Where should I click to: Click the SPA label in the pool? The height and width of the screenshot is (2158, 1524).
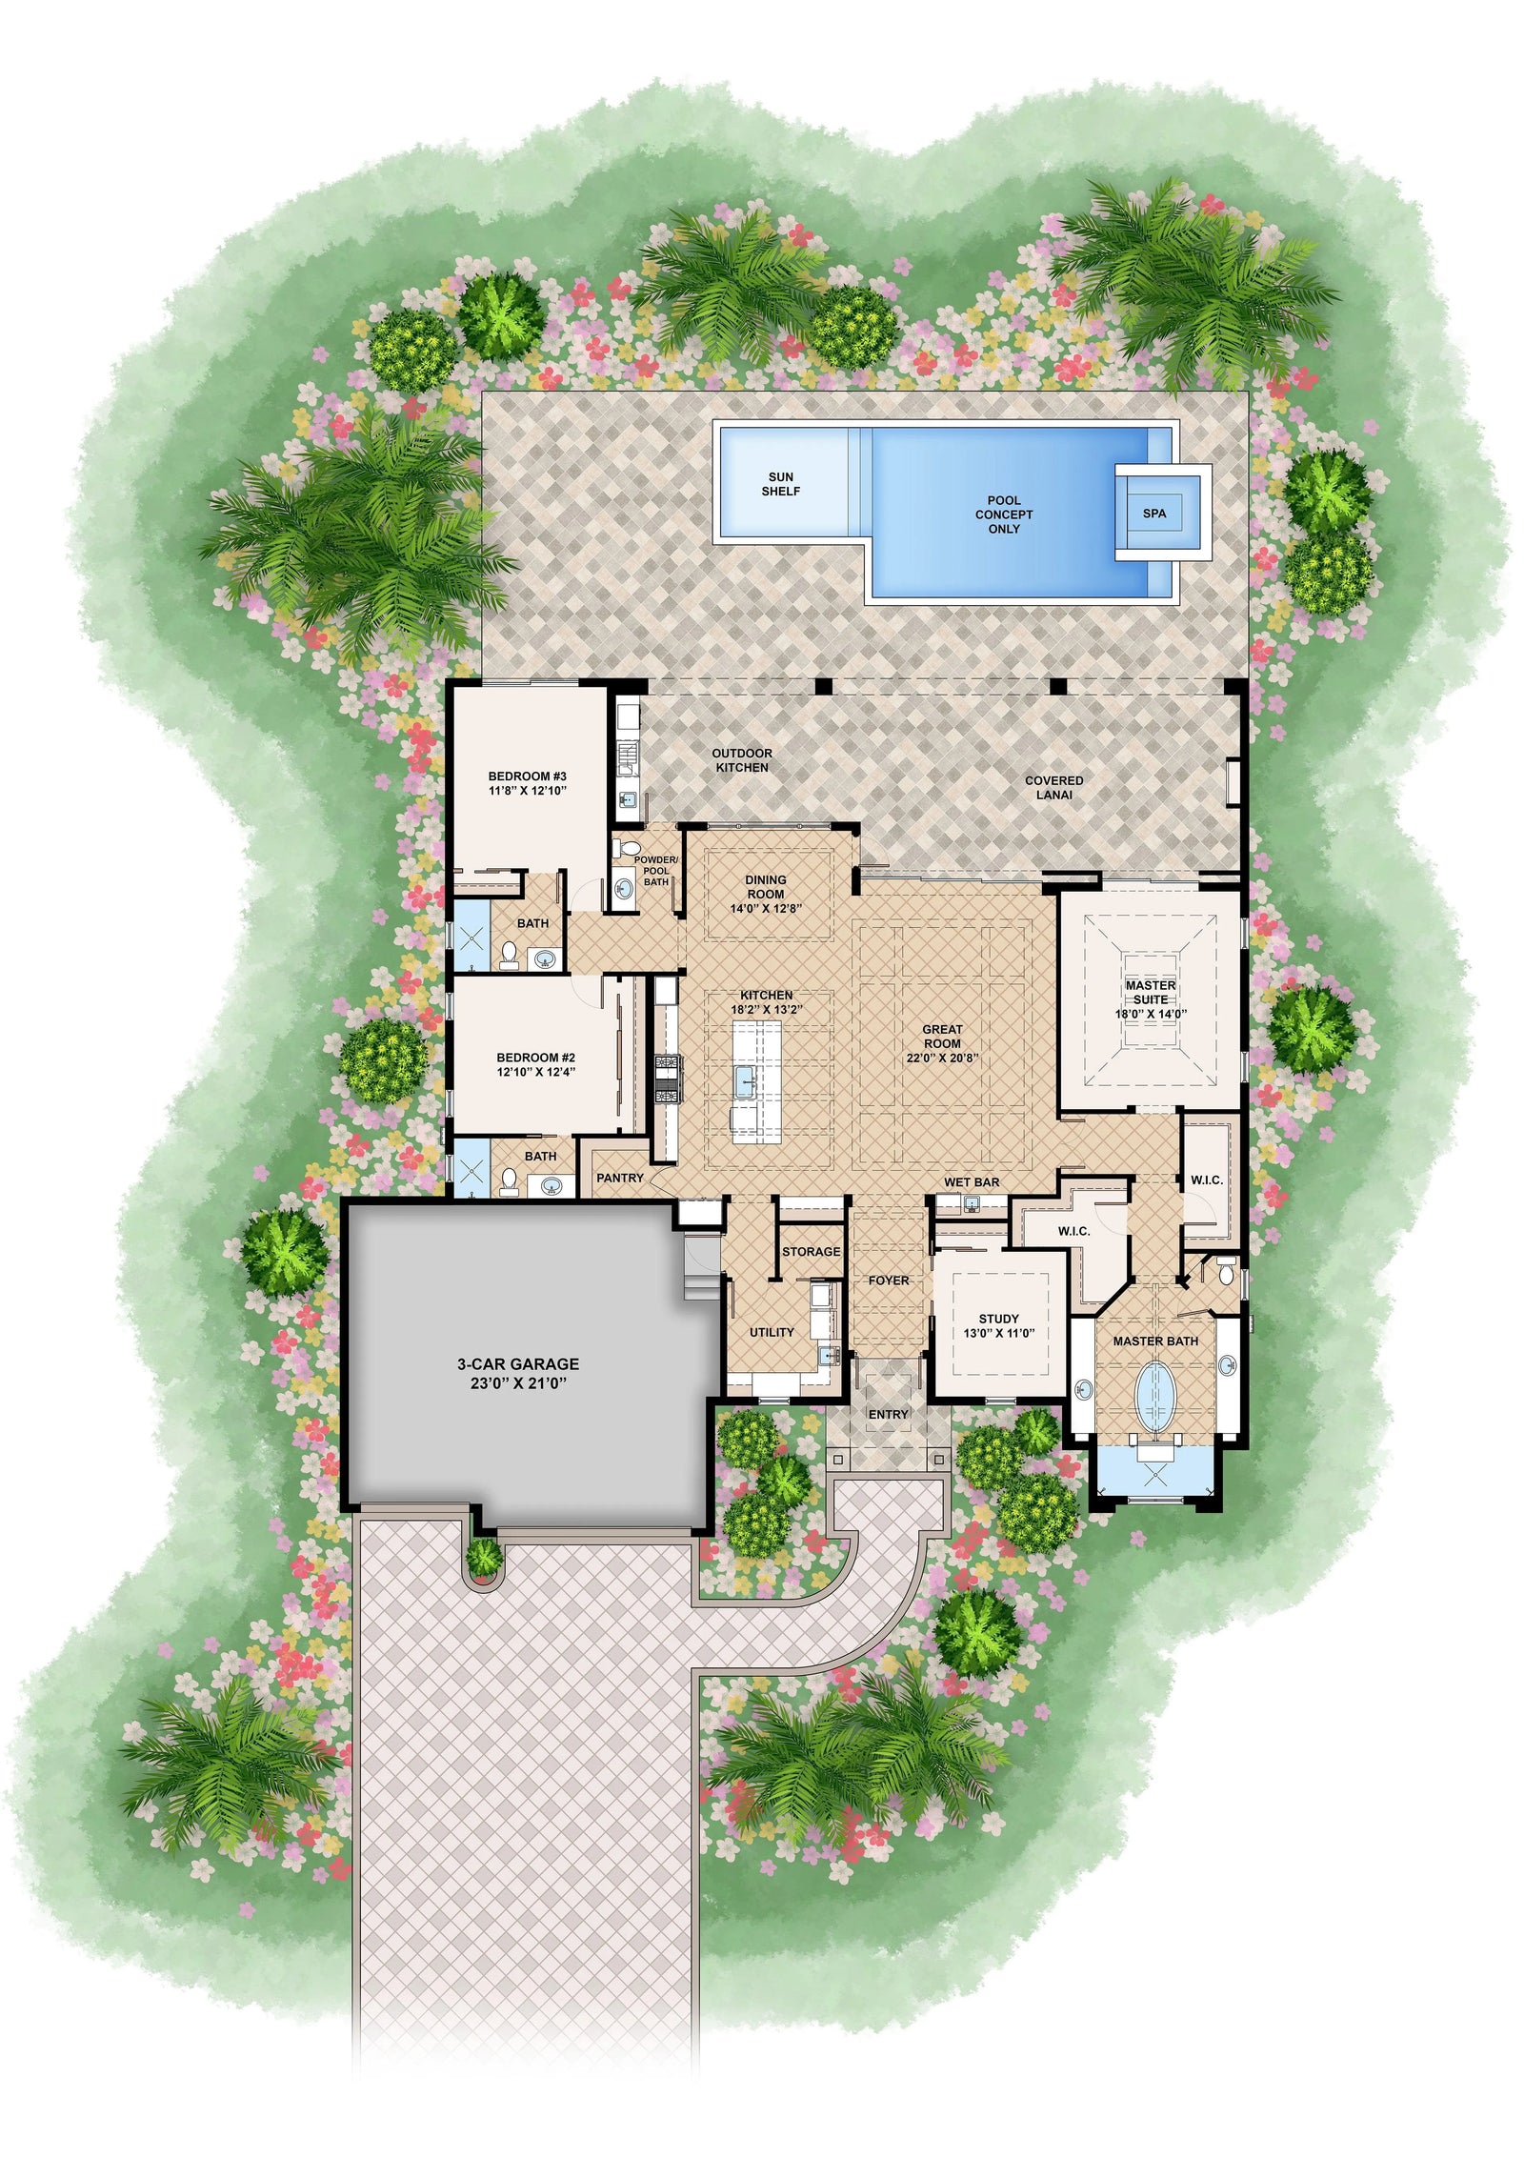click(x=1153, y=514)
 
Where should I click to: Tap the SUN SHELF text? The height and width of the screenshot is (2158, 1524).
click(x=780, y=484)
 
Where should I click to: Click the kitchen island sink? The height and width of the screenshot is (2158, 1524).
click(x=744, y=1079)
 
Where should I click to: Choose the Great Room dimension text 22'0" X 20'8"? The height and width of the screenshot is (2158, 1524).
click(x=942, y=1058)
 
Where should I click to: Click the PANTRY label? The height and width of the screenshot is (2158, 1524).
click(x=620, y=1178)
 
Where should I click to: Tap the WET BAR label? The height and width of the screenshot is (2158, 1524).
click(x=972, y=1182)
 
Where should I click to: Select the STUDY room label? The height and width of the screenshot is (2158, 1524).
click(x=998, y=1320)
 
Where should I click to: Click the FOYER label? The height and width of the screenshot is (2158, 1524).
click(x=888, y=1281)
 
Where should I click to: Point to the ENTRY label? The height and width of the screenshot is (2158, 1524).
click(x=888, y=1415)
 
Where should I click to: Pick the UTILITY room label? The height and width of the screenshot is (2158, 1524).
click(x=772, y=1332)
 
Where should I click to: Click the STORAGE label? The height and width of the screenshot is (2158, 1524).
click(x=812, y=1251)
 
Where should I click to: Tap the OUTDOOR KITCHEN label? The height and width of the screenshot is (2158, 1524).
click(x=742, y=760)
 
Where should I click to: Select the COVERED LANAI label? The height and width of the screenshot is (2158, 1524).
click(x=1053, y=787)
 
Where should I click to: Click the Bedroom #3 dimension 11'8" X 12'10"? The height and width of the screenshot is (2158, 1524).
click(x=528, y=791)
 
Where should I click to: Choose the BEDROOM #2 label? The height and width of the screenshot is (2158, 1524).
click(x=535, y=1058)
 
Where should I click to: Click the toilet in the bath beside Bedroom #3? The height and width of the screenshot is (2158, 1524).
click(x=509, y=954)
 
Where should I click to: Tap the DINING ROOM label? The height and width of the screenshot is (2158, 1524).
click(x=766, y=887)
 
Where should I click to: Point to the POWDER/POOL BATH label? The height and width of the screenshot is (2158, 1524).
click(x=655, y=871)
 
